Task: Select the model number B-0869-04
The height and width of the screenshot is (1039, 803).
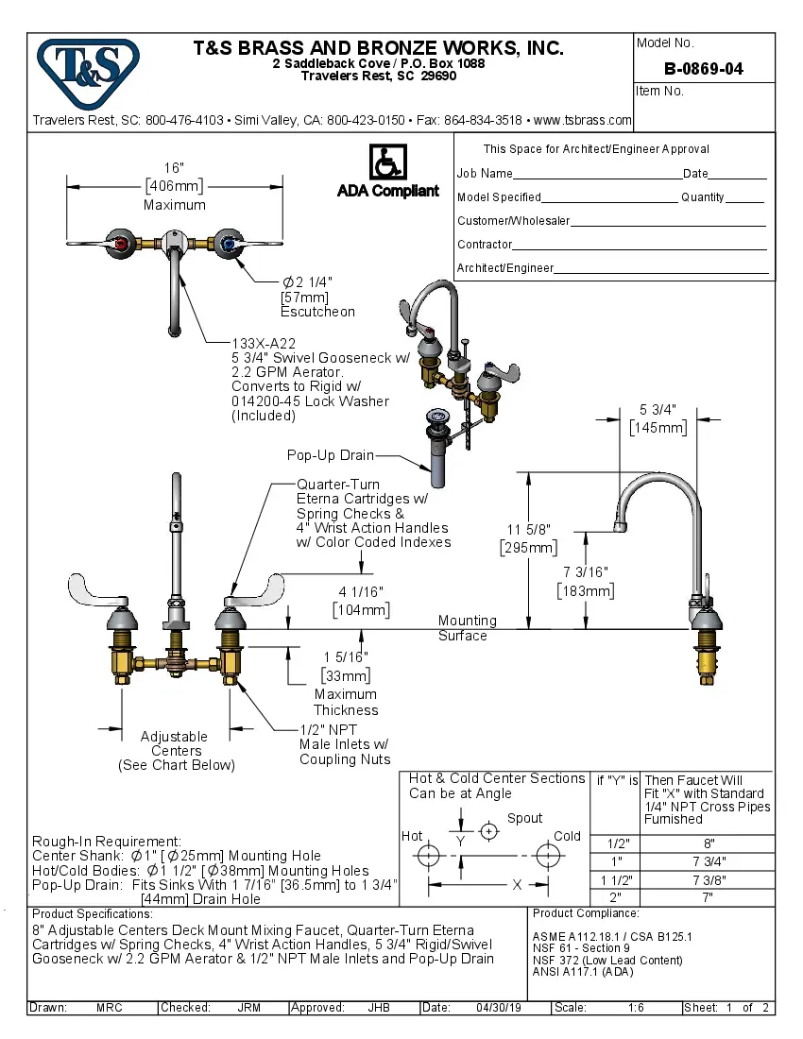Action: pos(703,69)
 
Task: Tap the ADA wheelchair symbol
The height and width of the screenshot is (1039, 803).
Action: pos(387,162)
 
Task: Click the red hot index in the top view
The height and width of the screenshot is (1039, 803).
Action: pos(120,245)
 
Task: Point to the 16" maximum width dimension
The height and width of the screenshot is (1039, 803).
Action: pos(174,167)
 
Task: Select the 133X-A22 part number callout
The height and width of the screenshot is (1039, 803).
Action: pos(264,344)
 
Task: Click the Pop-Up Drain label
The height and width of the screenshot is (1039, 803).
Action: pos(331,455)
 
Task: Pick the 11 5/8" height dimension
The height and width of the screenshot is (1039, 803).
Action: pos(527,529)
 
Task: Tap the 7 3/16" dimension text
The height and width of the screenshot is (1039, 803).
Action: pos(586,572)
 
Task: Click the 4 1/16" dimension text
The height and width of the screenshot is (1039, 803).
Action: pos(361,592)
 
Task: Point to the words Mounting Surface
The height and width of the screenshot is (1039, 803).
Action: pos(466,628)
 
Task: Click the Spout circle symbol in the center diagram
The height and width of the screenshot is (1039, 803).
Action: pos(488,831)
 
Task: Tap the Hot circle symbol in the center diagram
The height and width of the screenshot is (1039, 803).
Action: pos(428,856)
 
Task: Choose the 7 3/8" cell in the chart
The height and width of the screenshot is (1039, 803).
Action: pos(709,879)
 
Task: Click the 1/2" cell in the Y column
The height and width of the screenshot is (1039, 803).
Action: pos(615,843)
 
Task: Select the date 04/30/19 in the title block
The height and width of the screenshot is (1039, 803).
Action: pos(499,1008)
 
